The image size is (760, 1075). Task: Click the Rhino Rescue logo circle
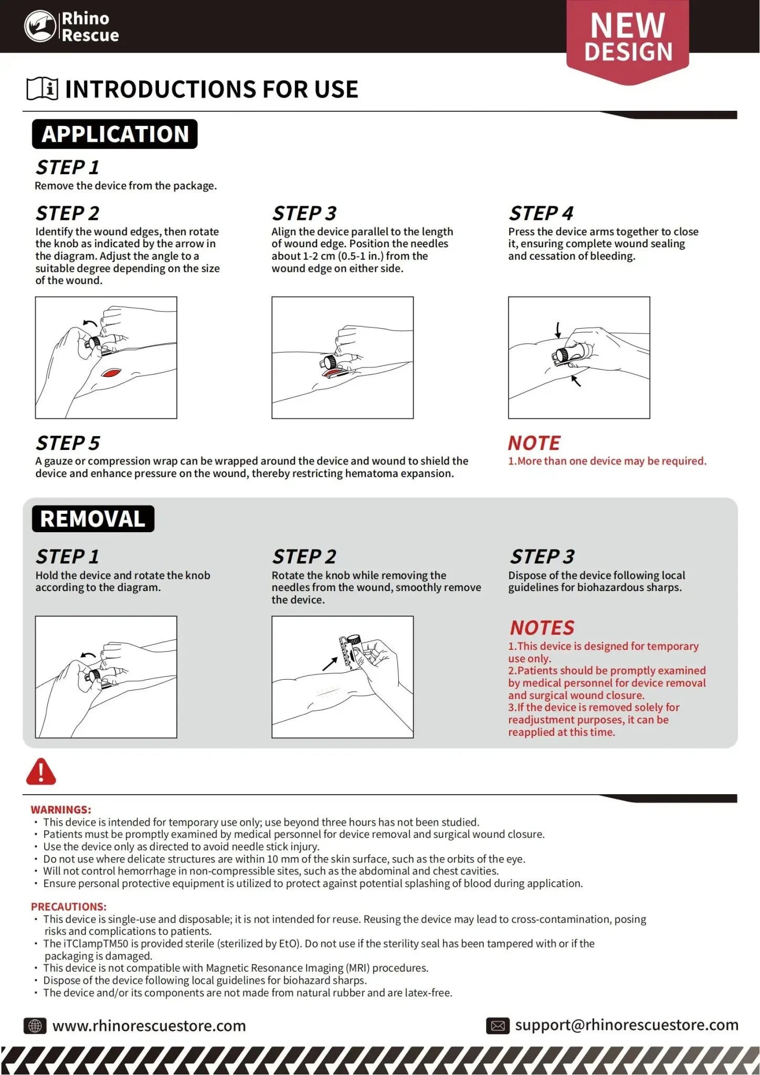(40, 26)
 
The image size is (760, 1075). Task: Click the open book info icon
(42, 89)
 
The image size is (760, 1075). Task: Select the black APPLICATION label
(115, 134)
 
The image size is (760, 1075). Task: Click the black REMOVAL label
(93, 519)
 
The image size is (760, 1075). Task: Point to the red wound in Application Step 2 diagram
(111, 373)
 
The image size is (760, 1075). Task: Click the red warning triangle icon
(41, 772)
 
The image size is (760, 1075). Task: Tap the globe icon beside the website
(35, 1026)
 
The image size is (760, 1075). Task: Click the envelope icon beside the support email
(498, 1026)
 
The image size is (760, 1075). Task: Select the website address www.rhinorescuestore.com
(149, 1026)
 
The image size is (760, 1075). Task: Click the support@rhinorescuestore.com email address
(627, 1025)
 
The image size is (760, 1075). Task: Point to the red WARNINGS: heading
(61, 809)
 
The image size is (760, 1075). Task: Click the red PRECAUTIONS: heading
(68, 907)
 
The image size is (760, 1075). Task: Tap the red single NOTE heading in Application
(534, 443)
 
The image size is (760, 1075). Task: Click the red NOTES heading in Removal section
(542, 628)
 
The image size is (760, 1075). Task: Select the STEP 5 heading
(68, 443)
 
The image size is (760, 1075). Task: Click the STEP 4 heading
(541, 214)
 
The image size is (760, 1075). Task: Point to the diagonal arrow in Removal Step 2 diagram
(330, 663)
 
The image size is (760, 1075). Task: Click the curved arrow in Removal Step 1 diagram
(88, 655)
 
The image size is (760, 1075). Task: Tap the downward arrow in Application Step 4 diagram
(558, 330)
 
